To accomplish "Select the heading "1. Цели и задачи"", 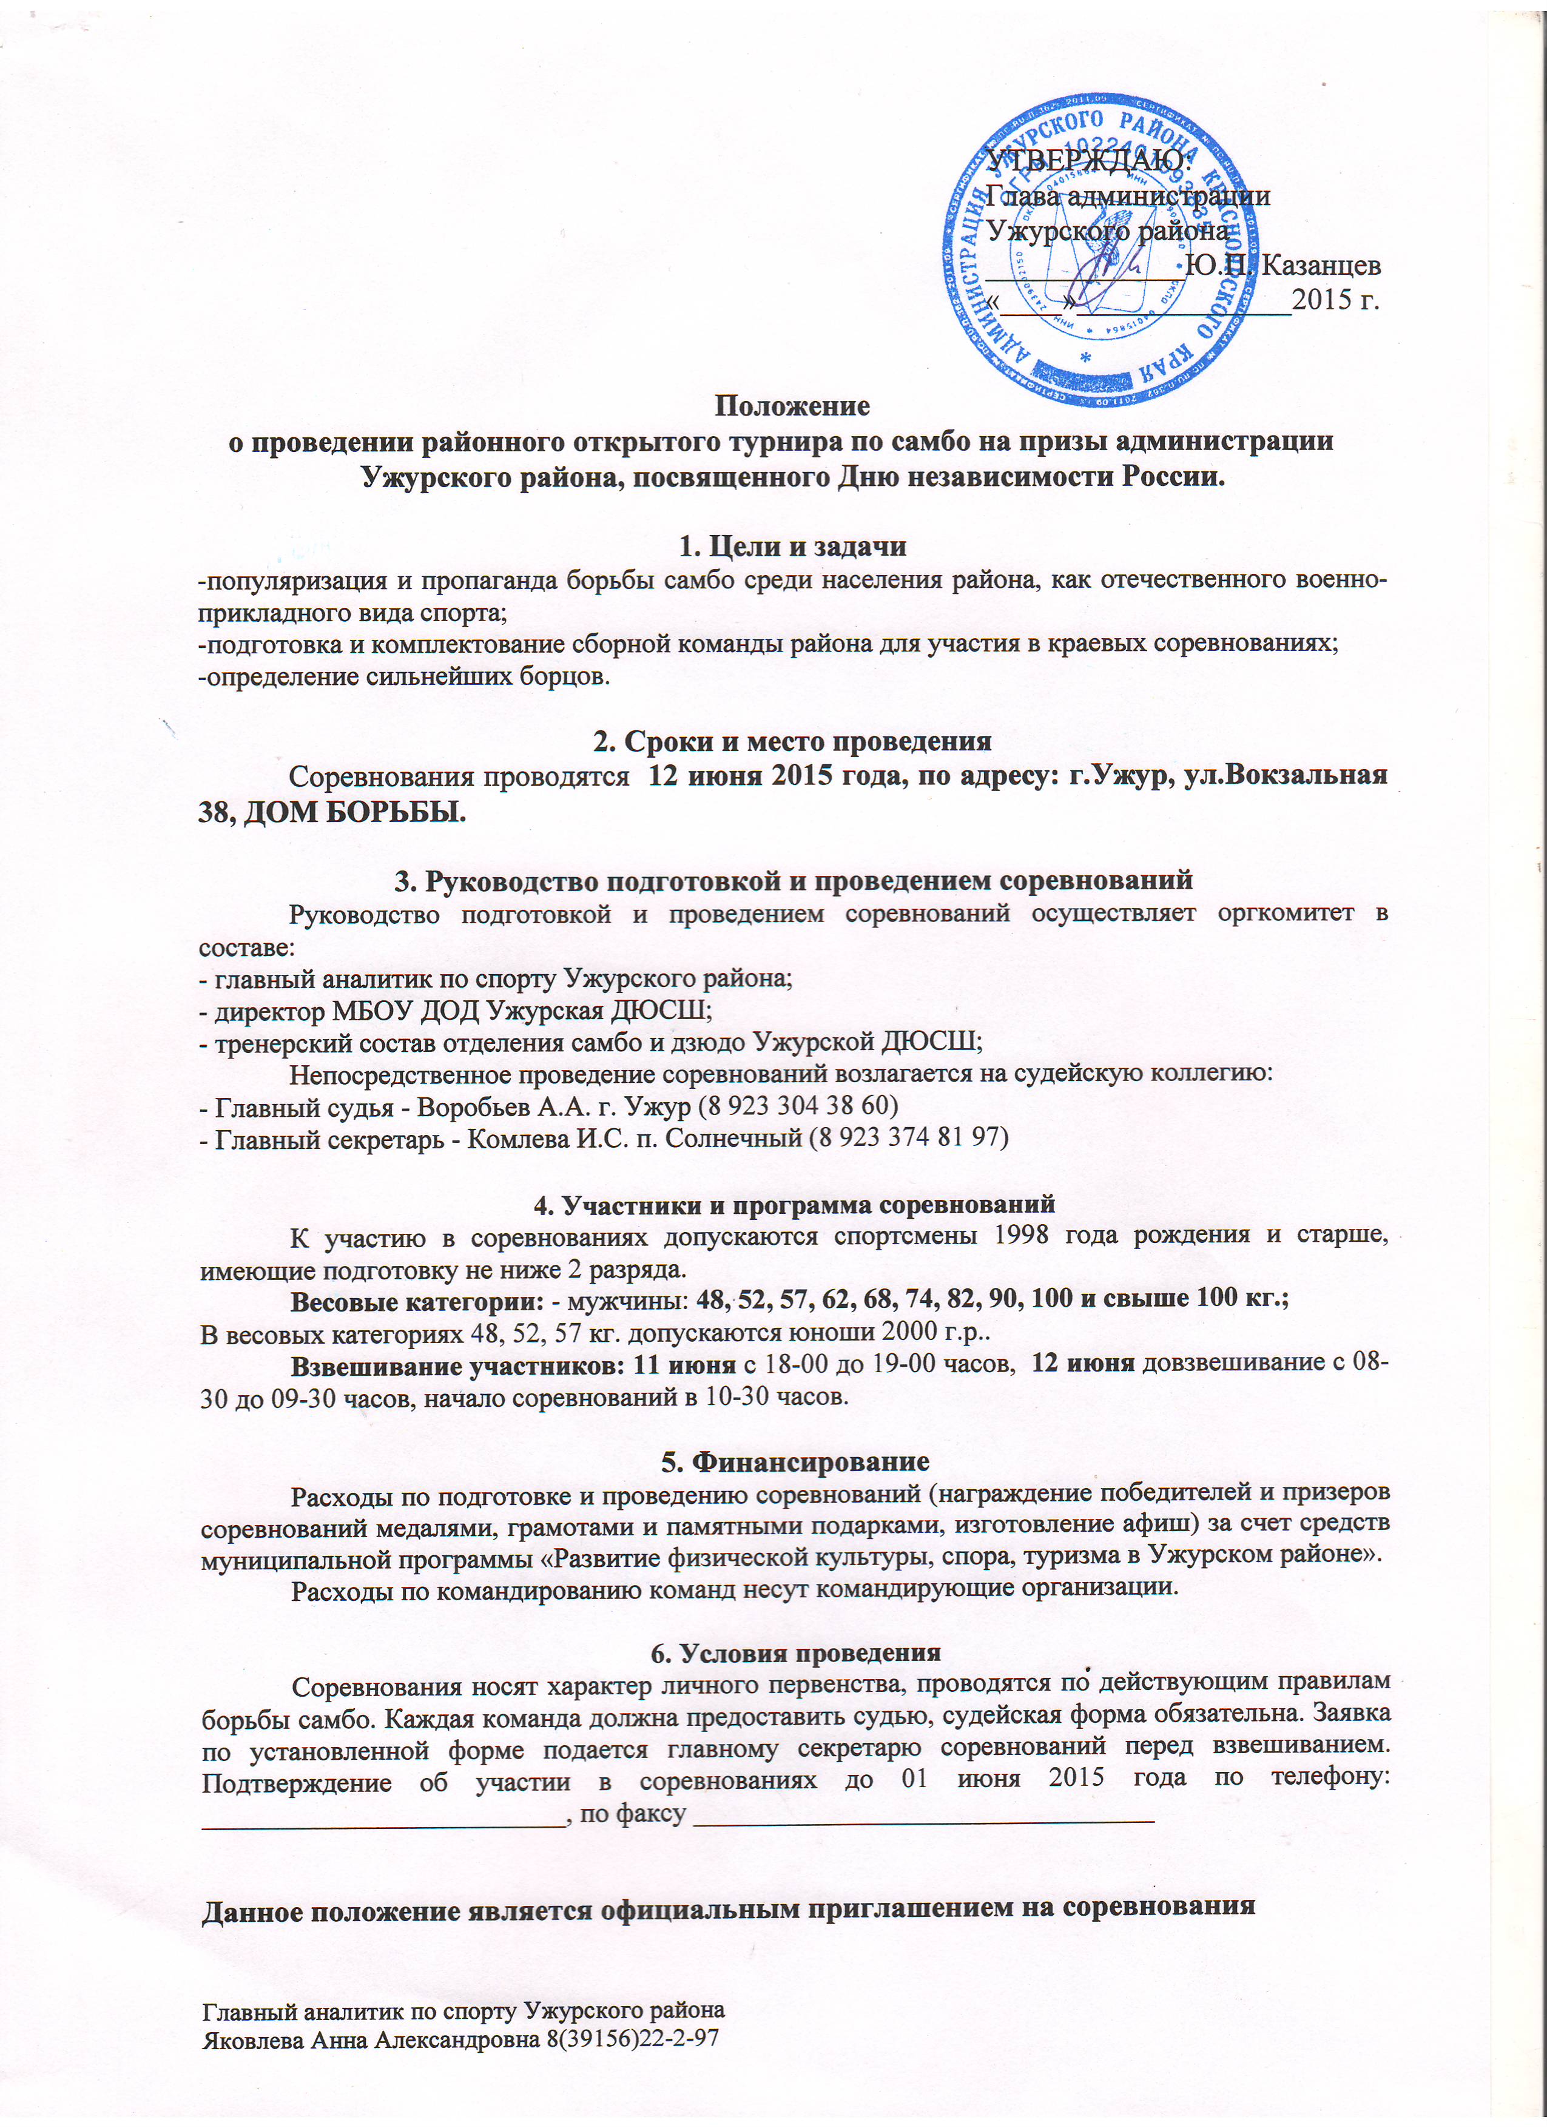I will point(793,545).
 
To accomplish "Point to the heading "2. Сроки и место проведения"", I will point(793,741).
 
